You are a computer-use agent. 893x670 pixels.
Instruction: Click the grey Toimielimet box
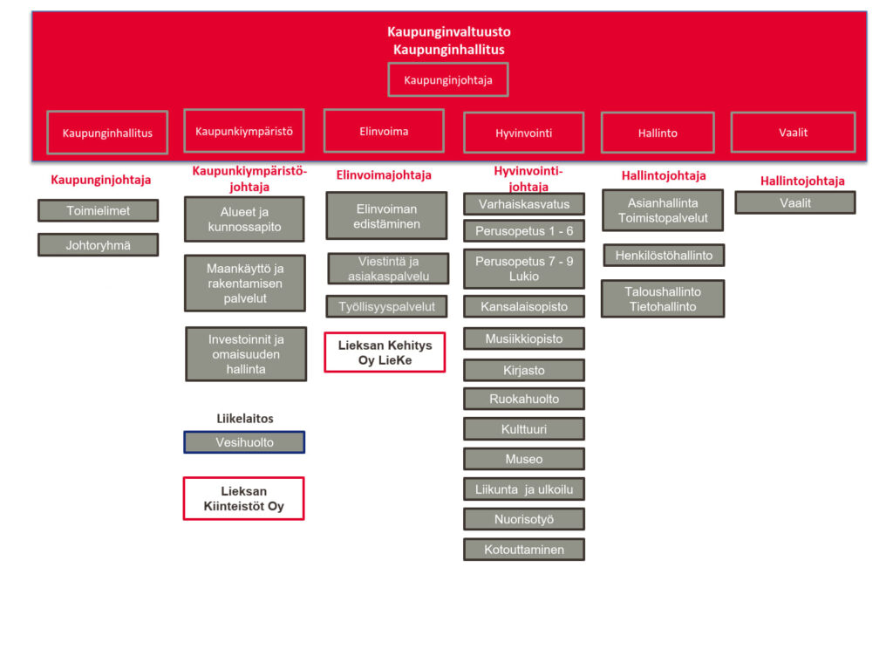(99, 210)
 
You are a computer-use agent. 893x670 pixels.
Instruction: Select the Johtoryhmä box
(99, 245)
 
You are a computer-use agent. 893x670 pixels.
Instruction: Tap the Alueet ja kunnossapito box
(244, 219)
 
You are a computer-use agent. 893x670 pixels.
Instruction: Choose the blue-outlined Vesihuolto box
(244, 442)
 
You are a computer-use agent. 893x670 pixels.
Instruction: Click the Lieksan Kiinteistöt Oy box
(243, 498)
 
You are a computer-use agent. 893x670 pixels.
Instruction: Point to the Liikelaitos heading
(245, 419)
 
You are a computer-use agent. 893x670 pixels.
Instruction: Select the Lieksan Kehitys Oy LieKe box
(385, 352)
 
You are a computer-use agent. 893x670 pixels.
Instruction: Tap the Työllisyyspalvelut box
(387, 306)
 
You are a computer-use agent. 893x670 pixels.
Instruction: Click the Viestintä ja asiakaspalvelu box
(388, 269)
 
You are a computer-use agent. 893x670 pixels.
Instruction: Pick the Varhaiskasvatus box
(524, 204)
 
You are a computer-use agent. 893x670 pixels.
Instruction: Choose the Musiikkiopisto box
(524, 338)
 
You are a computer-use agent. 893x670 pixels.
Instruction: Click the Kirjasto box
(524, 370)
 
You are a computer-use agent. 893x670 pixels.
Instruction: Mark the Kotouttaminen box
(524, 550)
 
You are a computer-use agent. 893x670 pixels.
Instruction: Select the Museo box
(524, 459)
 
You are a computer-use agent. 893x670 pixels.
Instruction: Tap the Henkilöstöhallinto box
(664, 256)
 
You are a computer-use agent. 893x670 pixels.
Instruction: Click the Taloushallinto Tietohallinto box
(663, 298)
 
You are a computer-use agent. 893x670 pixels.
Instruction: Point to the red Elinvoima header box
(384, 132)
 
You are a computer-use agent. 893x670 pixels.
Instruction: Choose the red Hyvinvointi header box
(524, 133)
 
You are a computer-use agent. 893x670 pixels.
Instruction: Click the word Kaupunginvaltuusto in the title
(449, 32)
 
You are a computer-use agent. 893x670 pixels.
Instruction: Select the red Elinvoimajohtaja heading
(384, 175)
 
